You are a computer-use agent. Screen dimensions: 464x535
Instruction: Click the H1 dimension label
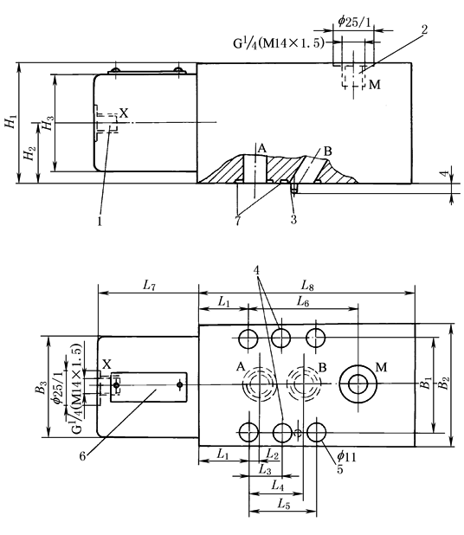point(11,122)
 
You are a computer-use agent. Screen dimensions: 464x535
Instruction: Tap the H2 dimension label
point(29,153)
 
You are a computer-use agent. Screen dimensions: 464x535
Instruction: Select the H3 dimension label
point(48,123)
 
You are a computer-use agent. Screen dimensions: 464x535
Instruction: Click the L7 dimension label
point(149,285)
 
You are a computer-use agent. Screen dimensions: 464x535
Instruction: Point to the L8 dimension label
point(307,285)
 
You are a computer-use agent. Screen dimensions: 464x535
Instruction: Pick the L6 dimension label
point(303,301)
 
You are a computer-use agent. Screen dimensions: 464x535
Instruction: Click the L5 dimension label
point(284,504)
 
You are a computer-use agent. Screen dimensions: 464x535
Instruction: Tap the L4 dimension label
point(277,485)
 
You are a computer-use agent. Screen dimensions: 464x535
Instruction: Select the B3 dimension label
point(42,387)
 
